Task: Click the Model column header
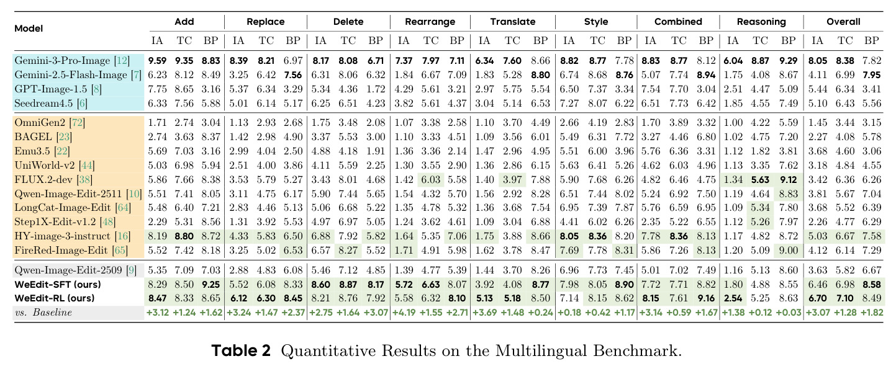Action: (29, 29)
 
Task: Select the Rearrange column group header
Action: (430, 22)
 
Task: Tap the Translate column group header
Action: (513, 22)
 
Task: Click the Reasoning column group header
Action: (761, 22)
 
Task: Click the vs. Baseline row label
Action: (43, 313)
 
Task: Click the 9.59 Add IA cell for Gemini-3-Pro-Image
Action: (157, 61)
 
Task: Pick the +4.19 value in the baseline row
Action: (404, 313)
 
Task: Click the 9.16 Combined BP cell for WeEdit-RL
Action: (705, 298)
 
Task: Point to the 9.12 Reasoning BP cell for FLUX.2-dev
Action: (789, 180)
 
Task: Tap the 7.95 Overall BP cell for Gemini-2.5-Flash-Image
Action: (872, 75)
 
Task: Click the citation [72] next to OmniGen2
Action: (77, 122)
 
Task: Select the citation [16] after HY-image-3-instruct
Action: (122, 236)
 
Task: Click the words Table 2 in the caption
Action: (241, 350)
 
